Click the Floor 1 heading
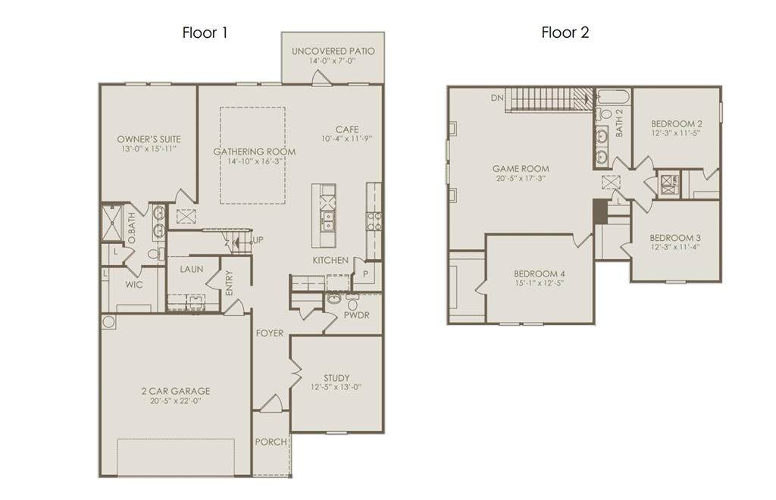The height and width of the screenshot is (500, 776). tap(205, 33)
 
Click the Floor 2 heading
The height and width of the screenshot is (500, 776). tap(565, 33)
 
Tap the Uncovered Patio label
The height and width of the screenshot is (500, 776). tap(333, 51)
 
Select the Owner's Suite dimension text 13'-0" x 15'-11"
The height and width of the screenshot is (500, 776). tap(149, 148)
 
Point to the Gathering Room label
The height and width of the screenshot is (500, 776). tap(255, 152)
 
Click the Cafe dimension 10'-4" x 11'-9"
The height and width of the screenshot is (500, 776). tap(346, 139)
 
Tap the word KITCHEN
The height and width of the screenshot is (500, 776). tap(330, 260)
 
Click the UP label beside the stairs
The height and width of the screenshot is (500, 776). tap(258, 240)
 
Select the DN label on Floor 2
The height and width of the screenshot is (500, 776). tap(497, 98)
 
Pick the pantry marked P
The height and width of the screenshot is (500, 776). tap(366, 274)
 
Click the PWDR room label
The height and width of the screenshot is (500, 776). tap(356, 315)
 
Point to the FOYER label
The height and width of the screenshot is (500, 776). tap(270, 333)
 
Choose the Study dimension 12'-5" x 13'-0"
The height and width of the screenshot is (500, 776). tap(336, 387)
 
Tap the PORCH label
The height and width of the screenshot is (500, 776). tap(271, 442)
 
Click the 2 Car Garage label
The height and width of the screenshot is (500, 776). tap(176, 391)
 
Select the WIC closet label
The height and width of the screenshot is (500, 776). tap(133, 285)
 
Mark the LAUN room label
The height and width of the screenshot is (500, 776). tap(192, 270)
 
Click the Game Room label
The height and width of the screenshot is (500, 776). tap(521, 169)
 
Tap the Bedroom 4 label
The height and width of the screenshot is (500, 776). tap(540, 273)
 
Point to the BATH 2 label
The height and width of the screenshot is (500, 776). tap(619, 123)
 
